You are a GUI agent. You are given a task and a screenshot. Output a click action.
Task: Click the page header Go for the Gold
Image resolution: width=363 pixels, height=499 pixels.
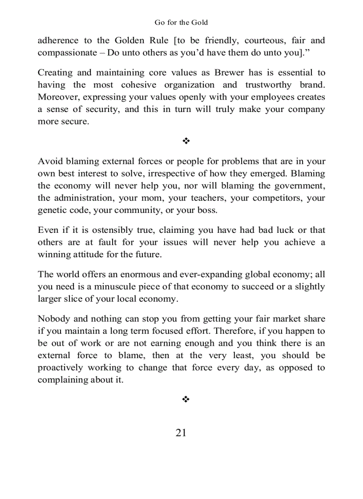tap(181, 22)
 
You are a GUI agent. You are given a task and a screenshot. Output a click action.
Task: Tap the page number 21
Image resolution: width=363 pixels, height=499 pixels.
tap(181, 433)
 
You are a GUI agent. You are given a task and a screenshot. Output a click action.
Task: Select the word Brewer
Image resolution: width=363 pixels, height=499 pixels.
tap(229, 72)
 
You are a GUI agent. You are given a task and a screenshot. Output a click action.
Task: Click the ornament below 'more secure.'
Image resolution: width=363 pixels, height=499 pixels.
tap(186, 141)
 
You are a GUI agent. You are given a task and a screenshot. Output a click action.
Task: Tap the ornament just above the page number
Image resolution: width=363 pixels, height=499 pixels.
tap(186, 399)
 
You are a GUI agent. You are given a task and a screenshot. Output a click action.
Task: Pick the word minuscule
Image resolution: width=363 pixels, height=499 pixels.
tap(113, 287)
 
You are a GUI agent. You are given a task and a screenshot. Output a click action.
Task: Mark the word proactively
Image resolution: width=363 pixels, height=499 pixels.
tap(60, 367)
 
